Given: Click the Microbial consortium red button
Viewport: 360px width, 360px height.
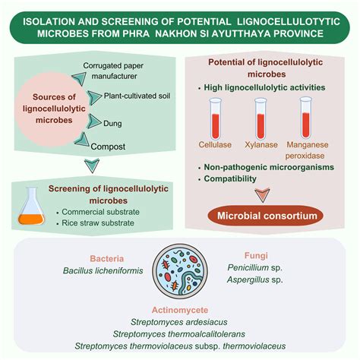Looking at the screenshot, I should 263,216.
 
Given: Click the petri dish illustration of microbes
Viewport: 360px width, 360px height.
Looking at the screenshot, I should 179,278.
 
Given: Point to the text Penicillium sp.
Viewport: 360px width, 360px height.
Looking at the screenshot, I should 257,269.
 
